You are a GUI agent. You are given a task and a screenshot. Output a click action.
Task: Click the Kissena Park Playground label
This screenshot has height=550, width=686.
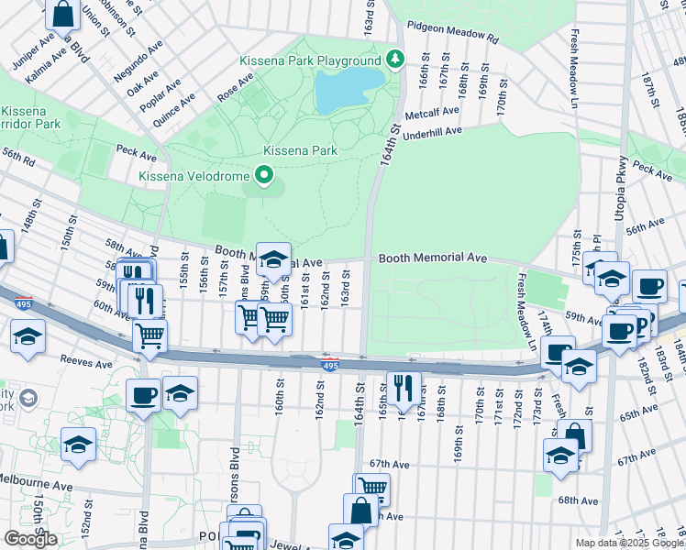309,60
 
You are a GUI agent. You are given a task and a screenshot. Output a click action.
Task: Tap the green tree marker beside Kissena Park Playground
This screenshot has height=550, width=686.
395,60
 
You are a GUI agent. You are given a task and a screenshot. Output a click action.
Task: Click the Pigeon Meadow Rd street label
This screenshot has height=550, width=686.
452,33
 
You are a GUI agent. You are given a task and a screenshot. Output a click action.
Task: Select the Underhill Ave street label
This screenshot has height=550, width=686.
444,131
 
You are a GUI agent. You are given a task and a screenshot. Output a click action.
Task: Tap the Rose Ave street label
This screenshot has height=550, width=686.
235,89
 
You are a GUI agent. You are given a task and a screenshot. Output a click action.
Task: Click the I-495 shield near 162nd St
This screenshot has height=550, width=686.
329,364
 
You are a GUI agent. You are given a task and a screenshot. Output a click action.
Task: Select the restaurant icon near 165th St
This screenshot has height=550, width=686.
404,388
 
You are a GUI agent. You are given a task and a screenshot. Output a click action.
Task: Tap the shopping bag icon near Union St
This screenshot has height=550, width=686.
63,14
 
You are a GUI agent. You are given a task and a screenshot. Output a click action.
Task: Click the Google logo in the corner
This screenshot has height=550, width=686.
30,539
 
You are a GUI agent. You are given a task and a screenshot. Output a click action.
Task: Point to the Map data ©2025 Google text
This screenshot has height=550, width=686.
628,543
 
